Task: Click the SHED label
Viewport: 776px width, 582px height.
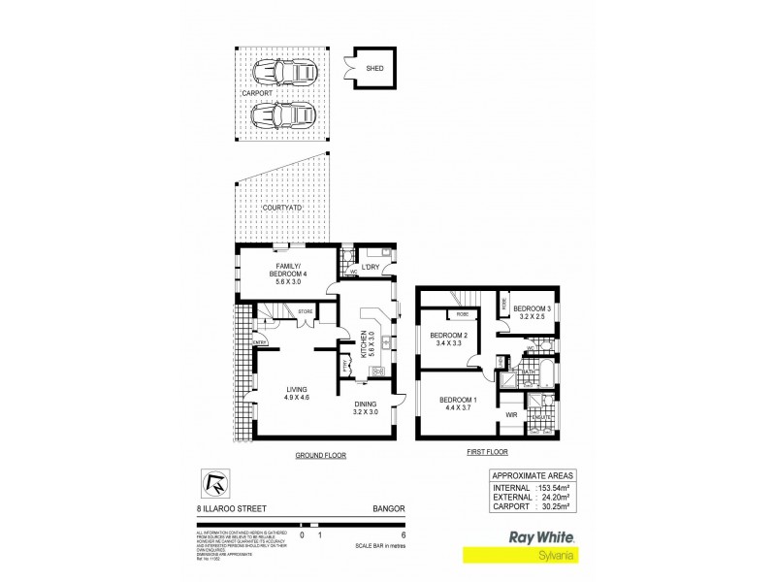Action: (372, 69)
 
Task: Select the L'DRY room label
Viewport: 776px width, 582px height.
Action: (369, 268)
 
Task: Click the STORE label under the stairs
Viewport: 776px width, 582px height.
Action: (304, 311)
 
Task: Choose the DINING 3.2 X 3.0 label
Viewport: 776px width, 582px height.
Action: (365, 408)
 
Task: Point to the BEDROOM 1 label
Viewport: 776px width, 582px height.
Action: (457, 403)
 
